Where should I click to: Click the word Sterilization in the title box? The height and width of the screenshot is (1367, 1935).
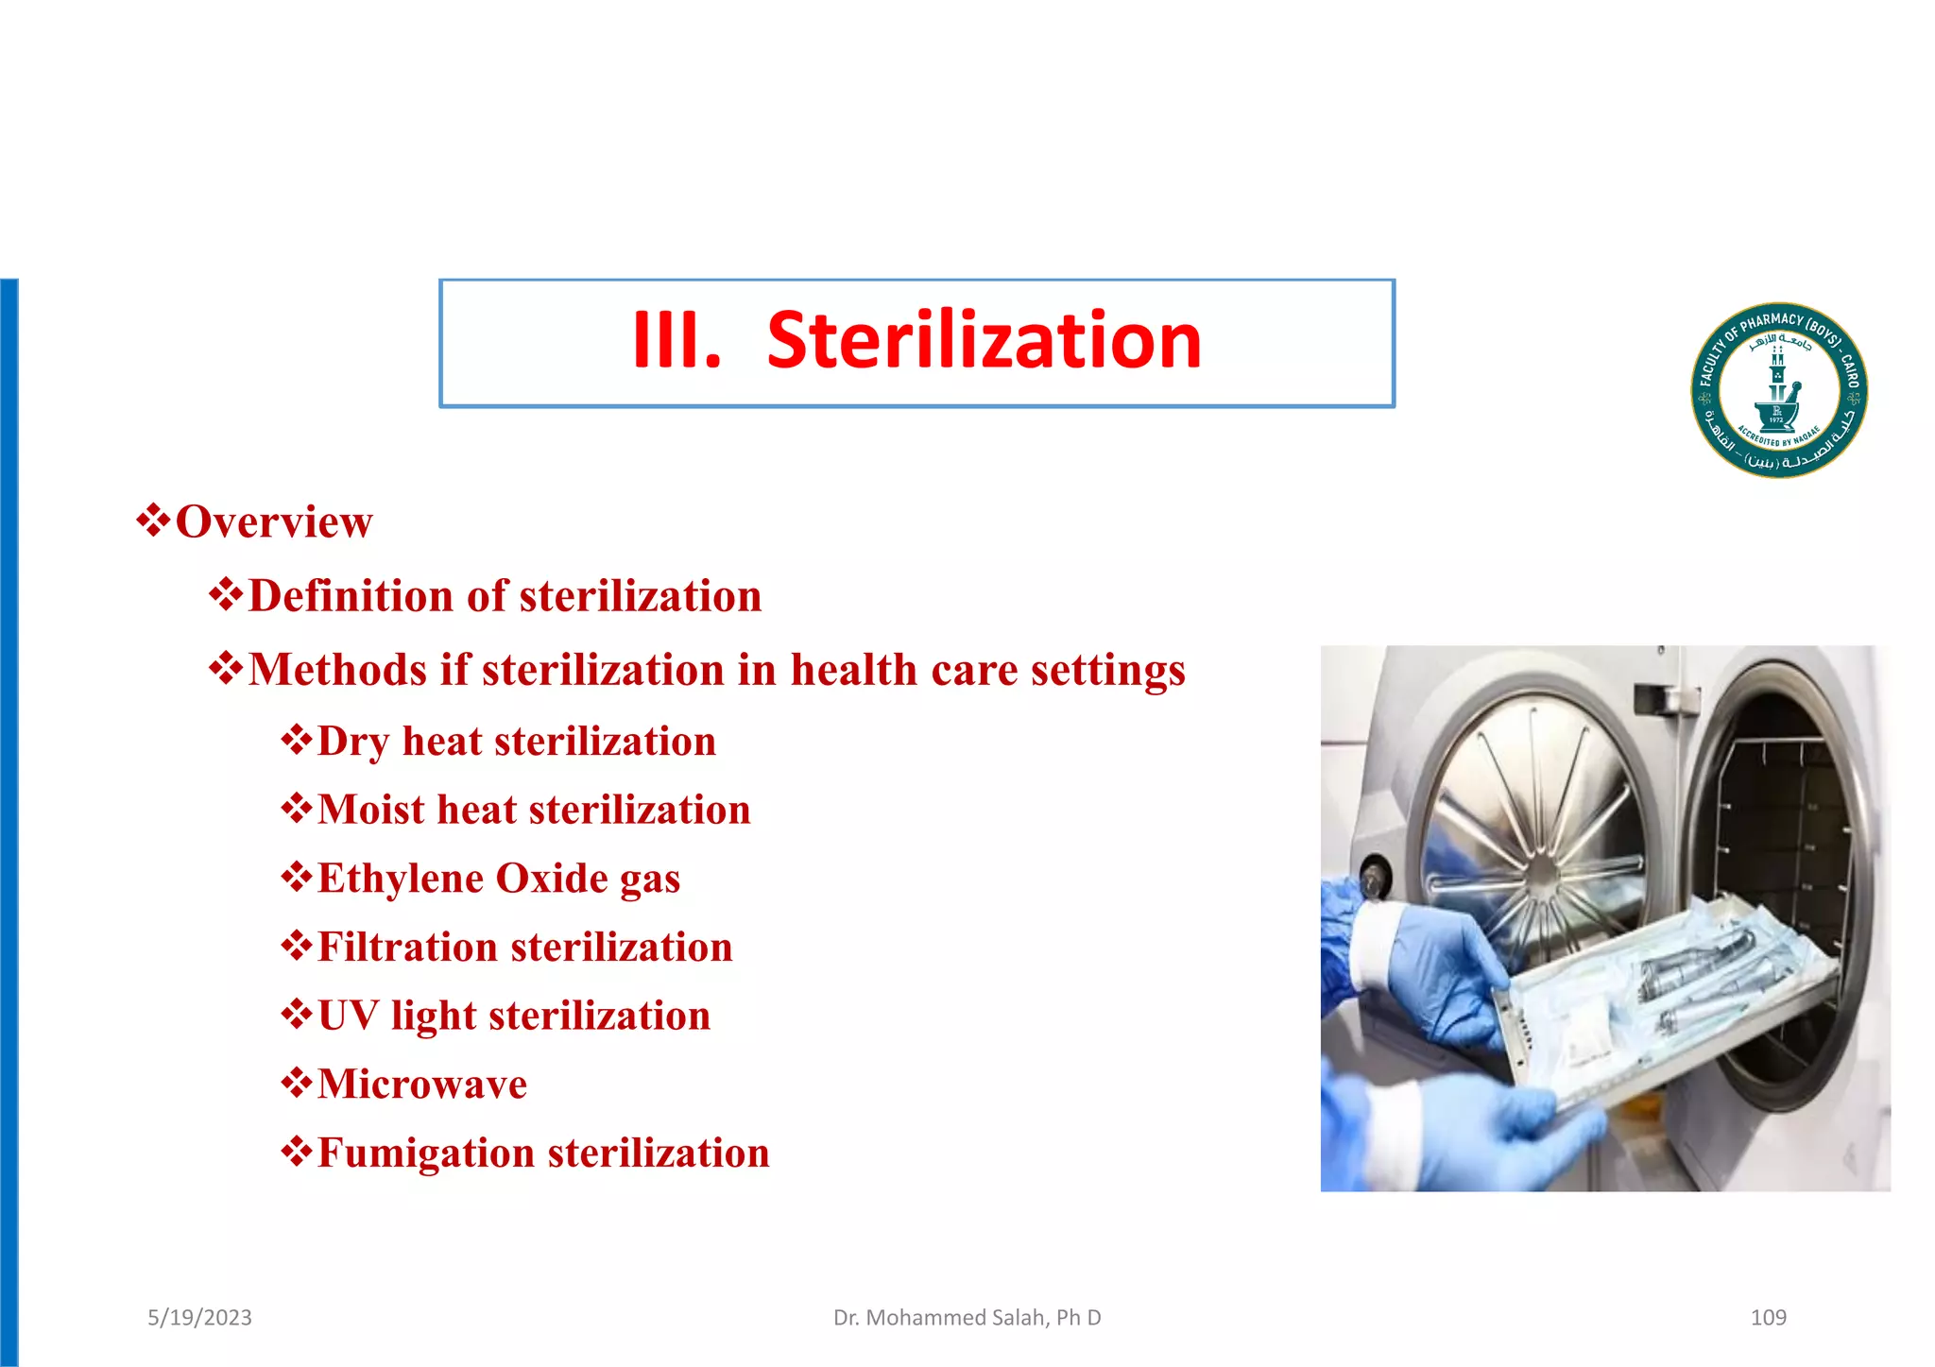tap(984, 341)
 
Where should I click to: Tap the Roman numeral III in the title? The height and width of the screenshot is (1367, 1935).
tap(676, 341)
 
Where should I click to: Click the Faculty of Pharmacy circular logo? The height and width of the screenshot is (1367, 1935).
tap(1778, 390)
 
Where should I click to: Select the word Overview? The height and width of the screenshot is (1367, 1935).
tap(274, 522)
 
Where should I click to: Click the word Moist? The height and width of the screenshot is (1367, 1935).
tap(370, 811)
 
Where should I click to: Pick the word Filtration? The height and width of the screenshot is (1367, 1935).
tap(407, 948)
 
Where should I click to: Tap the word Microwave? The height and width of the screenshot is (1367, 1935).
tap(422, 1085)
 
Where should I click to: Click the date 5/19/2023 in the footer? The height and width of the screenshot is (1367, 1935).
tap(199, 1318)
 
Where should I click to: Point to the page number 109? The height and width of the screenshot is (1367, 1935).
tap(1768, 1318)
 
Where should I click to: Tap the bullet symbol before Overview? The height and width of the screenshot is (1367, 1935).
tap(153, 521)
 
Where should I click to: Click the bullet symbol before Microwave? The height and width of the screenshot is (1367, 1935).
tap(297, 1083)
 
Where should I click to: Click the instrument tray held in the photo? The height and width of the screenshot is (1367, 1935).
tap(1663, 1001)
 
